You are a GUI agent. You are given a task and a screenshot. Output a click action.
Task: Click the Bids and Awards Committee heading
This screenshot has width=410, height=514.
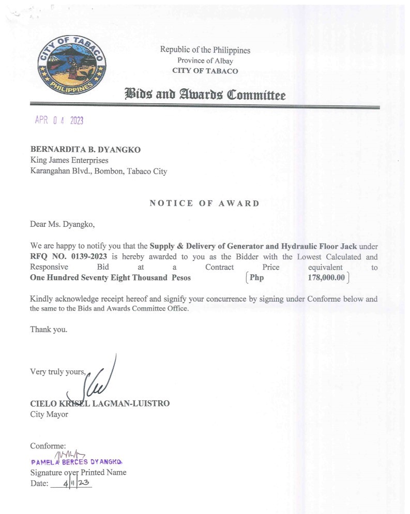204,95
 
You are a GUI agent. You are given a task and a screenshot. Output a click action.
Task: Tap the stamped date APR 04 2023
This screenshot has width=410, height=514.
59,120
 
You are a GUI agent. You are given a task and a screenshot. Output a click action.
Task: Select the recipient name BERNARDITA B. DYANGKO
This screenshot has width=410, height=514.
85,150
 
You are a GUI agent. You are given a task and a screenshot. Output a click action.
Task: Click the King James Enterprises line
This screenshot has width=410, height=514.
69,161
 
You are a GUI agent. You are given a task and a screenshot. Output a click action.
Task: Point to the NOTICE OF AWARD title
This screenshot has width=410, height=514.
204,203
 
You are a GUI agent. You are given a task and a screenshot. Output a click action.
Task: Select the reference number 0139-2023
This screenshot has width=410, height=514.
88,257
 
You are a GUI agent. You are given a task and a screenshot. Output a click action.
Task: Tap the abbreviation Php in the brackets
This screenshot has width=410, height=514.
256,278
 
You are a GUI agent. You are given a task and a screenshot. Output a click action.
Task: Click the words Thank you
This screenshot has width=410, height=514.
49,329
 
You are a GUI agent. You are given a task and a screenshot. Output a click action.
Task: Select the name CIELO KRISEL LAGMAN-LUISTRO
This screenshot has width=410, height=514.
100,403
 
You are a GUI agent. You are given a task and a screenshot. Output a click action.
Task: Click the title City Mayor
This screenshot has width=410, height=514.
49,414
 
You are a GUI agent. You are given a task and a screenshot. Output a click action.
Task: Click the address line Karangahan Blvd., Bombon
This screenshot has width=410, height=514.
98,172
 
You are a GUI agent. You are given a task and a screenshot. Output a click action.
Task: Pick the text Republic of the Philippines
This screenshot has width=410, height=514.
205,50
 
